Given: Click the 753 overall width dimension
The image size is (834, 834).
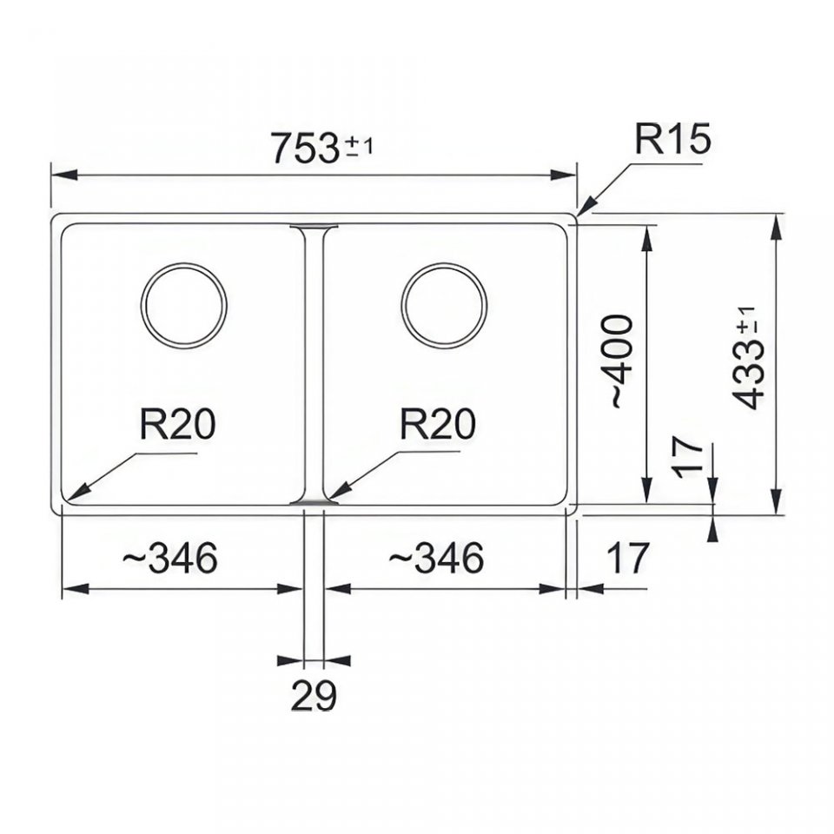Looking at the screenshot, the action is click(x=304, y=148).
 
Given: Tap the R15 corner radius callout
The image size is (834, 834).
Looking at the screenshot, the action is click(x=672, y=138).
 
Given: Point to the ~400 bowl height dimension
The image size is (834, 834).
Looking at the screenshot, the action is click(x=620, y=361).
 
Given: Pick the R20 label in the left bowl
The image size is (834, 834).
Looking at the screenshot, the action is click(x=177, y=424).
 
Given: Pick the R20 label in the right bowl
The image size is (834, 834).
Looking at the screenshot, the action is click(x=438, y=424).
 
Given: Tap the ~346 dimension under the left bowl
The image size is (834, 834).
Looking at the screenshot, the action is click(x=169, y=558).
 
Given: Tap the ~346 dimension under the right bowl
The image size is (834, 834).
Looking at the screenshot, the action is click(x=435, y=558).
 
